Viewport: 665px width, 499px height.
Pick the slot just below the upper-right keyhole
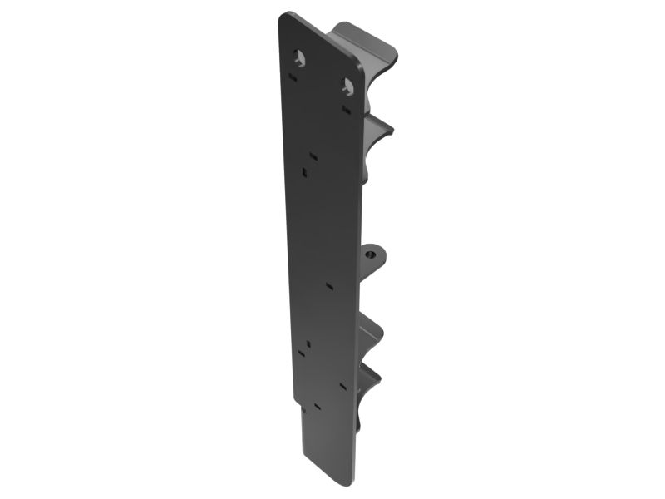pyautogui.click(x=345, y=106)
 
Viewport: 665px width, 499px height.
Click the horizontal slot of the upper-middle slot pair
pyautogui.click(x=313, y=154)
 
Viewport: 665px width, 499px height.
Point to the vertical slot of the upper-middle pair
pyautogui.click(x=305, y=172)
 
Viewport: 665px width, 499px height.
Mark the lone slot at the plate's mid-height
pyautogui.click(x=330, y=285)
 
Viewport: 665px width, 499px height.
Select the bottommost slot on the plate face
pyautogui.click(x=316, y=408)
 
